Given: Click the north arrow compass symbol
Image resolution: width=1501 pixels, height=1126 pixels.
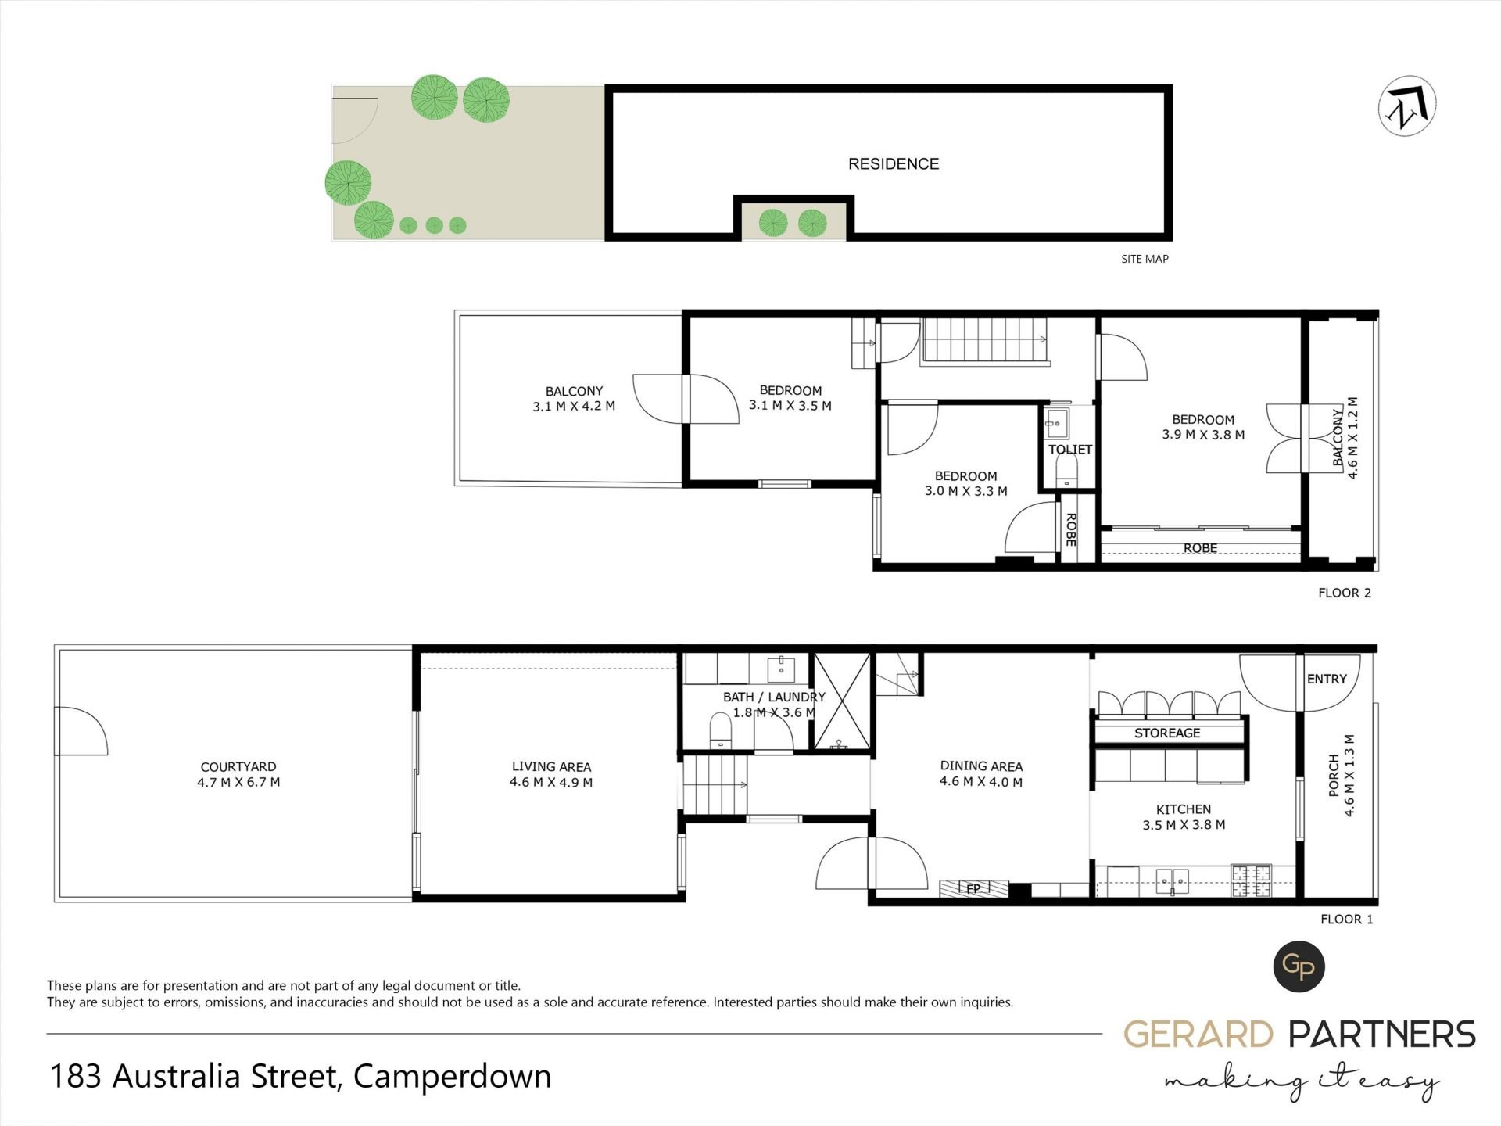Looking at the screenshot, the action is tap(1407, 106).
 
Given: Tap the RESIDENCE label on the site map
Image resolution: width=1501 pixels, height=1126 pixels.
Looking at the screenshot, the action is tap(894, 164).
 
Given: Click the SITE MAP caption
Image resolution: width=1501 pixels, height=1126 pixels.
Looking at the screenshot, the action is tap(1145, 259).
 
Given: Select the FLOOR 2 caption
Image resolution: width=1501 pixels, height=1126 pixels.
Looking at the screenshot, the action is tap(1345, 593).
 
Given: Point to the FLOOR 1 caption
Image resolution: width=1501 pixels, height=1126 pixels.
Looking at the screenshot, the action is tap(1346, 919).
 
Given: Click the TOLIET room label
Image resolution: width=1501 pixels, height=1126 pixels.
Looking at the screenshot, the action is tap(1070, 450).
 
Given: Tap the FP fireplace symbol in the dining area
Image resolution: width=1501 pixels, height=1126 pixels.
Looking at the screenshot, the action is tap(973, 888).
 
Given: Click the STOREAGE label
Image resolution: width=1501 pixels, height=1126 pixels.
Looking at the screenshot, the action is tap(1167, 733).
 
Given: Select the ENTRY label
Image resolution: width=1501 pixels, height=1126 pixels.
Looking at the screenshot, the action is tap(1327, 679).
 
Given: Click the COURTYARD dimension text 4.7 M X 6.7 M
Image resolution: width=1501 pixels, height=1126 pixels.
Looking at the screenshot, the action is tap(238, 782).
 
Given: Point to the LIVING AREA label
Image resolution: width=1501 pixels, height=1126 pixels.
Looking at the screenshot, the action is tap(551, 767).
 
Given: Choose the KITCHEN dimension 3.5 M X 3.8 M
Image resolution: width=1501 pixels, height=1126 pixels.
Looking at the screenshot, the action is tap(1184, 825).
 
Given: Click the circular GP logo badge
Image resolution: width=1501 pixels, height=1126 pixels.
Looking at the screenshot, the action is tap(1299, 967).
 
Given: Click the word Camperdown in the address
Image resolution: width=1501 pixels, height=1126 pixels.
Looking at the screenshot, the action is tap(453, 1077).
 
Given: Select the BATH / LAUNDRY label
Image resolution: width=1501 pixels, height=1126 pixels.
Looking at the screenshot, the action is tap(774, 697).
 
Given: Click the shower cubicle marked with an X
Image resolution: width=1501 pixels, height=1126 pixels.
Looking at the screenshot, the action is tap(842, 702).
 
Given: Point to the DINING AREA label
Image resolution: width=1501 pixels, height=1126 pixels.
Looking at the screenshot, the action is tap(981, 766).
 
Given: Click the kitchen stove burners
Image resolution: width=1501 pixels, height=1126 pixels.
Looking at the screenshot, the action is tap(1252, 880).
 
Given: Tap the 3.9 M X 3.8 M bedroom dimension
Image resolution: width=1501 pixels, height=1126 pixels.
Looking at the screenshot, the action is tap(1203, 435).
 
